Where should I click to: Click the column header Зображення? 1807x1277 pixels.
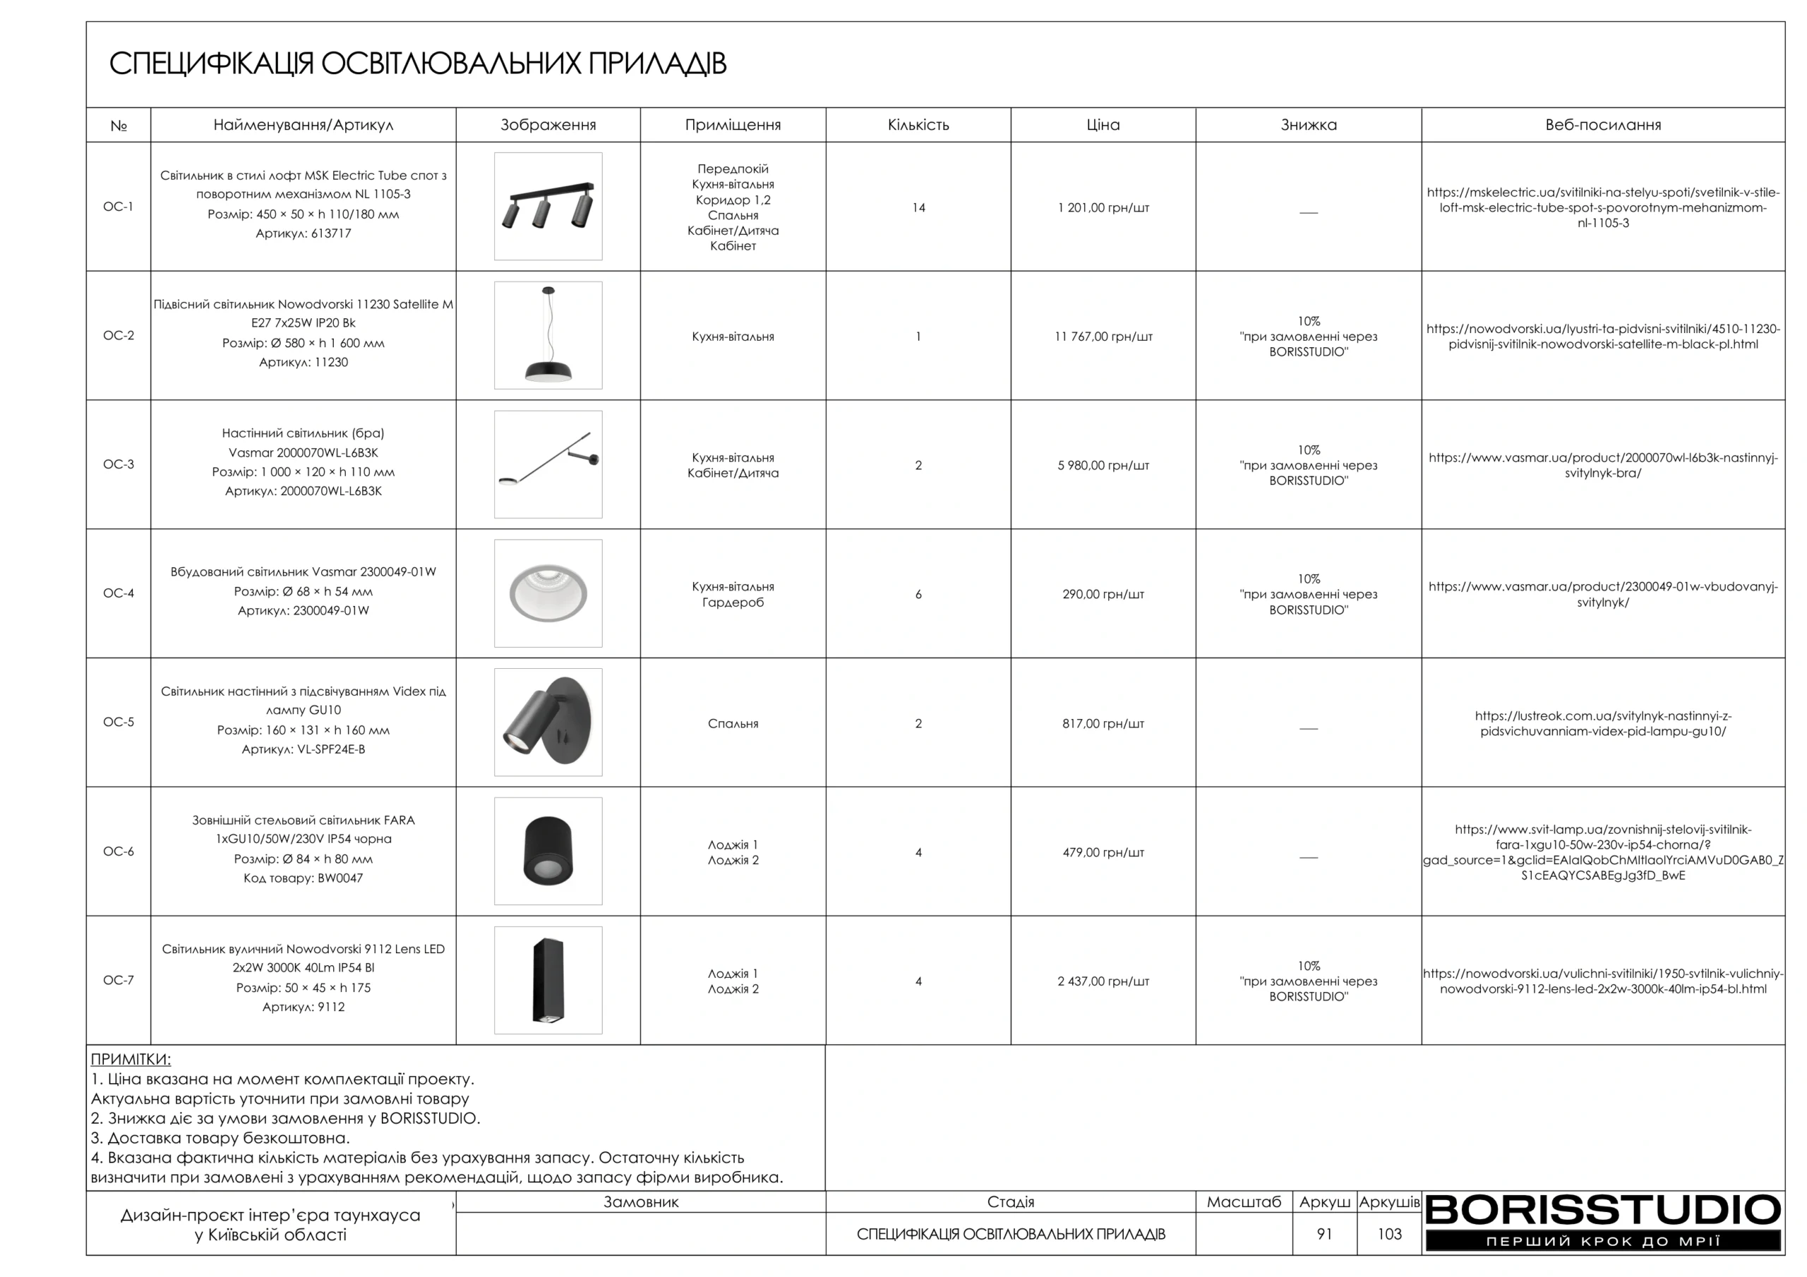tap(548, 125)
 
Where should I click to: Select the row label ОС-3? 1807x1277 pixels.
tap(118, 464)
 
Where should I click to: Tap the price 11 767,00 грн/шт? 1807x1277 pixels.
tap(1103, 337)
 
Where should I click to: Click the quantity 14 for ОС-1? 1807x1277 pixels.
tap(918, 207)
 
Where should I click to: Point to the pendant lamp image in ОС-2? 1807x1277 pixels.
tap(548, 335)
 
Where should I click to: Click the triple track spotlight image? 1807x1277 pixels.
tap(548, 206)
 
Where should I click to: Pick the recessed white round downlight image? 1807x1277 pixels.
tap(548, 593)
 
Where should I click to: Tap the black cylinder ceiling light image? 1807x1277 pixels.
tap(548, 852)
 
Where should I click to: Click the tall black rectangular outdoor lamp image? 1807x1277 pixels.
tap(548, 981)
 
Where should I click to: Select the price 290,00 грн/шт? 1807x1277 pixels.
tap(1103, 595)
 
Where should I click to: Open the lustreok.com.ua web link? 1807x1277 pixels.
tap(1602, 723)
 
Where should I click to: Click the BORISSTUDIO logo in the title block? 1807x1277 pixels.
tap(1602, 1222)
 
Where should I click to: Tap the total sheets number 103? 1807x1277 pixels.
tap(1389, 1234)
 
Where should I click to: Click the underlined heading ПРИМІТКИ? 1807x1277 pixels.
tap(131, 1059)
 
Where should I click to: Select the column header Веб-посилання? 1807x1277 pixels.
tap(1602, 125)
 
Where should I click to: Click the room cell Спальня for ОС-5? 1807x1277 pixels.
tap(733, 724)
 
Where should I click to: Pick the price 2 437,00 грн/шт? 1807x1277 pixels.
tap(1103, 981)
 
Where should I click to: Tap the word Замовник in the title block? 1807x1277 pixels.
tap(641, 1202)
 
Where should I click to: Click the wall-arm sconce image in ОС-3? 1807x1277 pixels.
tap(548, 464)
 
